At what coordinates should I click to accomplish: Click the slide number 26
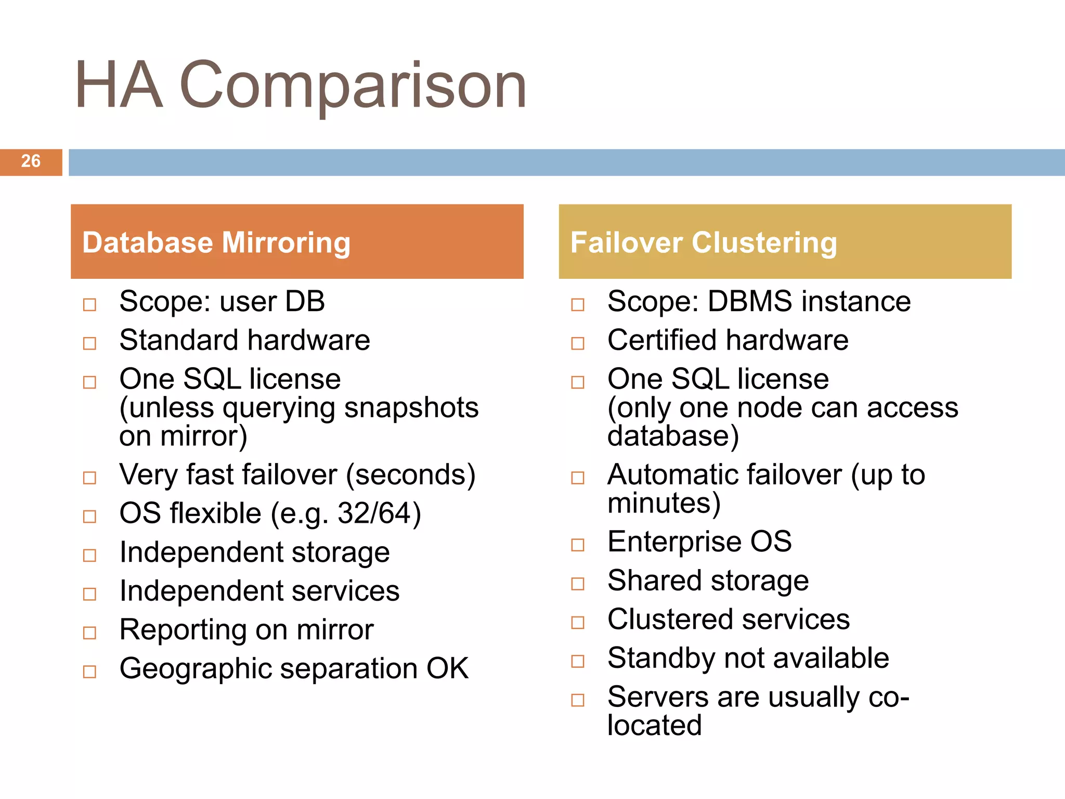[31, 161]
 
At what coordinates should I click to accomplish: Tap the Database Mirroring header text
[216, 242]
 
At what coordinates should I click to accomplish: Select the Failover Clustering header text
[704, 242]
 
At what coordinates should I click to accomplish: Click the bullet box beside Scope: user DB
[90, 304]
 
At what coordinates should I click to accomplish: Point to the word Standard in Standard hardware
[179, 340]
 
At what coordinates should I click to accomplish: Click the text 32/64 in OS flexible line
[374, 513]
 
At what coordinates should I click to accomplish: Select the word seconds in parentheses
[411, 475]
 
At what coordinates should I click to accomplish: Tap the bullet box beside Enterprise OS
[578, 545]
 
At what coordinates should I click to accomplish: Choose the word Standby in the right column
[660, 659]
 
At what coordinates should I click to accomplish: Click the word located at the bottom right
[654, 725]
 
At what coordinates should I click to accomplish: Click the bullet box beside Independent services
[90, 594]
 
